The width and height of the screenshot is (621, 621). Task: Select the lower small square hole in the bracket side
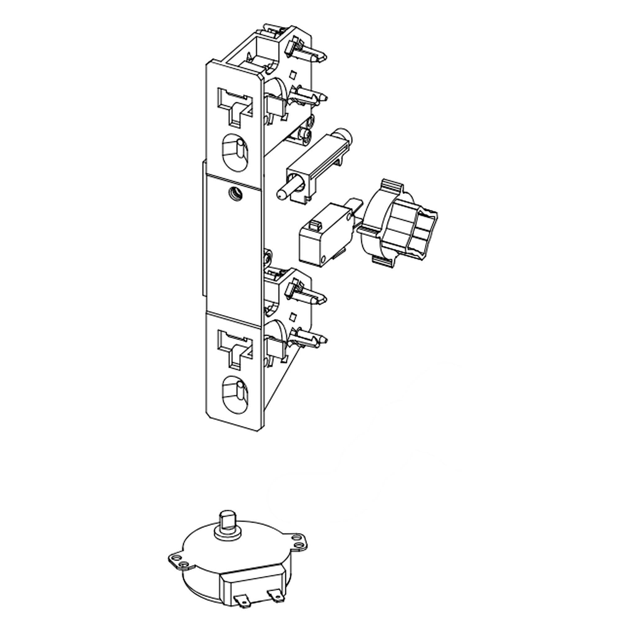292,317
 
